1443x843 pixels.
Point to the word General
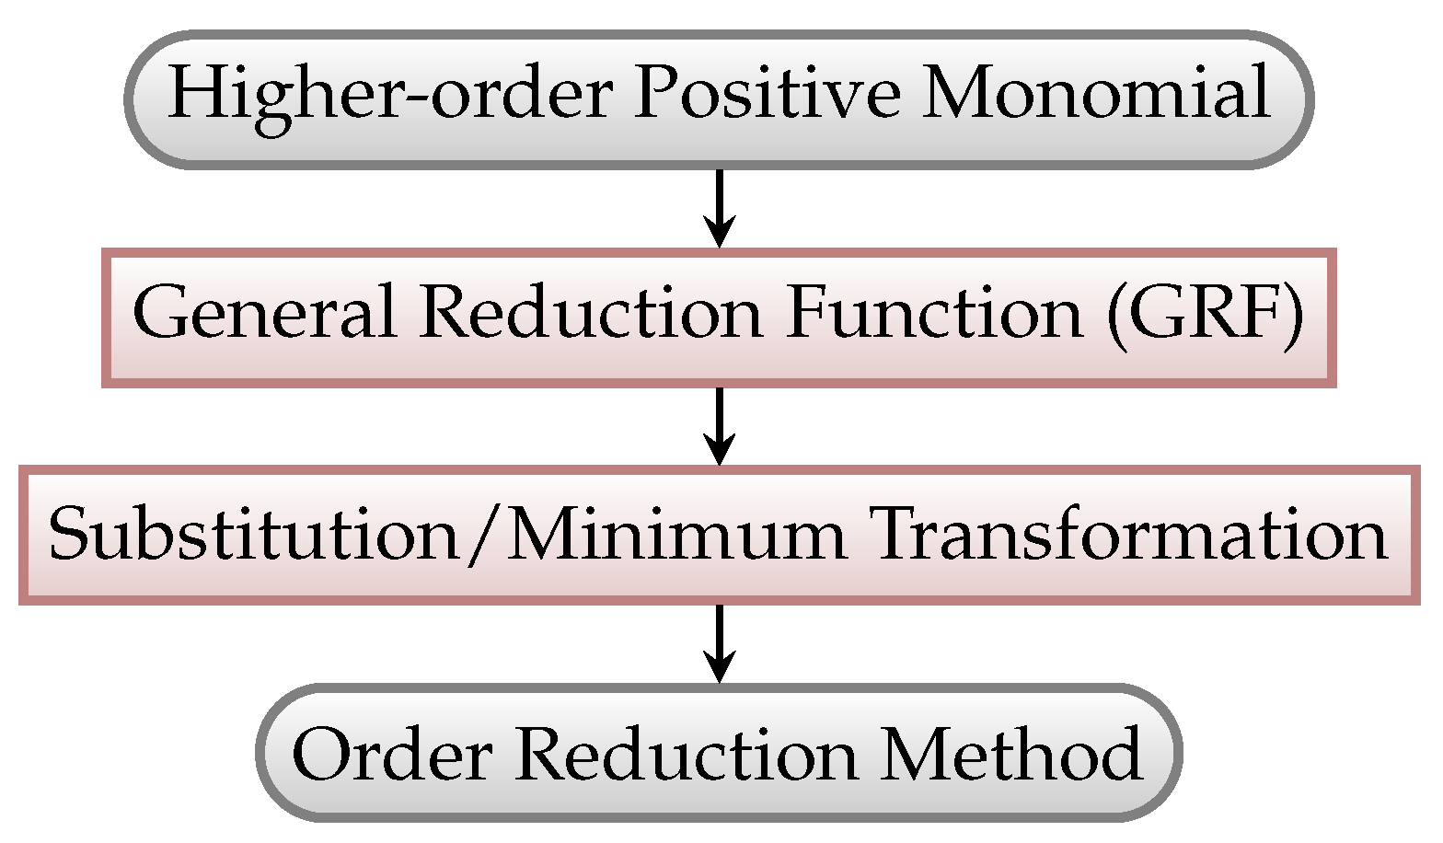[x=264, y=312]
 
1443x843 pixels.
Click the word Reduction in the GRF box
[x=590, y=312]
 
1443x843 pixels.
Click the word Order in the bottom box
[x=391, y=753]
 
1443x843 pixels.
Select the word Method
[x=1012, y=753]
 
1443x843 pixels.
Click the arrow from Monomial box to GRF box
[x=720, y=208]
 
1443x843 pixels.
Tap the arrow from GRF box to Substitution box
[x=720, y=426]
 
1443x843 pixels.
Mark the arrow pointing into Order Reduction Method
[x=720, y=643]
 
